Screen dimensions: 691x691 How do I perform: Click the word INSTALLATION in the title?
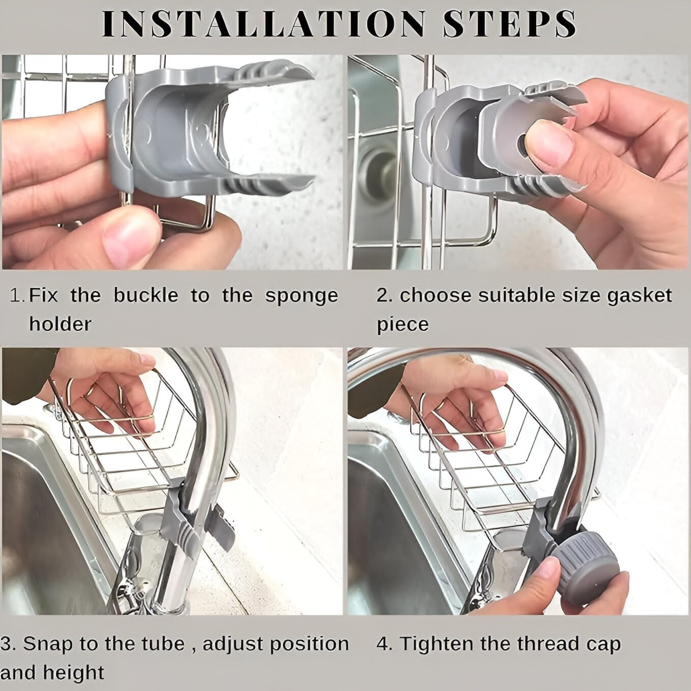click(264, 23)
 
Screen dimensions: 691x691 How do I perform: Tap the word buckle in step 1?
click(146, 296)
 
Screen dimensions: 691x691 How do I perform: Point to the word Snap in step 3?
click(46, 644)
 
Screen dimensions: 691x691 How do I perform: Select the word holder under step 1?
click(60, 324)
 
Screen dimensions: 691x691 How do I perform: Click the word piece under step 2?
click(402, 325)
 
